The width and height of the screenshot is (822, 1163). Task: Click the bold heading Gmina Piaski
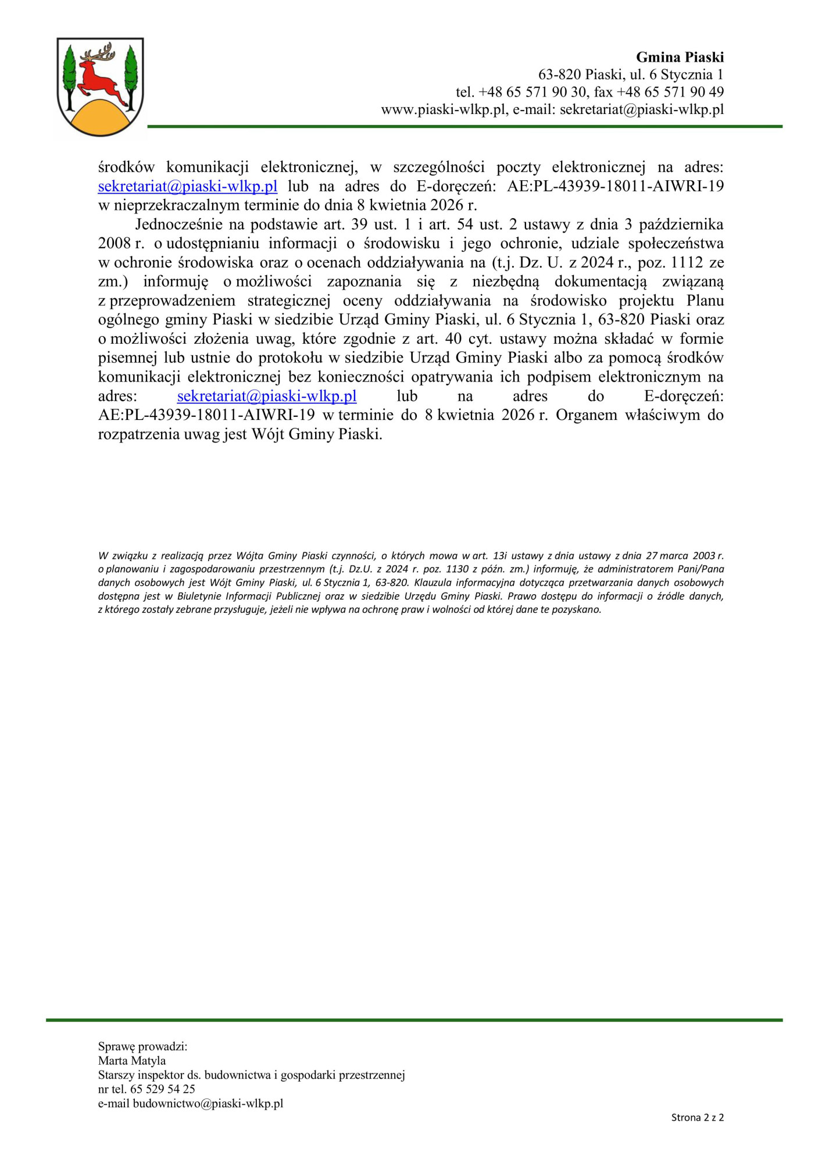click(680, 57)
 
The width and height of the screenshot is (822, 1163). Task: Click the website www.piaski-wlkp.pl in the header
click(444, 109)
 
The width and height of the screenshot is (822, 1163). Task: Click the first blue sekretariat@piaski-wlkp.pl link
click(188, 186)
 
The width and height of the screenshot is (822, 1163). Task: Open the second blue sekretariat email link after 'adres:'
click(267, 396)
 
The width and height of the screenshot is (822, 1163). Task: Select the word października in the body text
click(681, 224)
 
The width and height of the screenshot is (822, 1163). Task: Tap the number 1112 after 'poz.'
click(687, 262)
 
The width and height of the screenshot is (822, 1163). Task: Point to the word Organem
click(586, 415)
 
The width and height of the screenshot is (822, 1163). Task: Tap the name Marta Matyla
click(132, 1061)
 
